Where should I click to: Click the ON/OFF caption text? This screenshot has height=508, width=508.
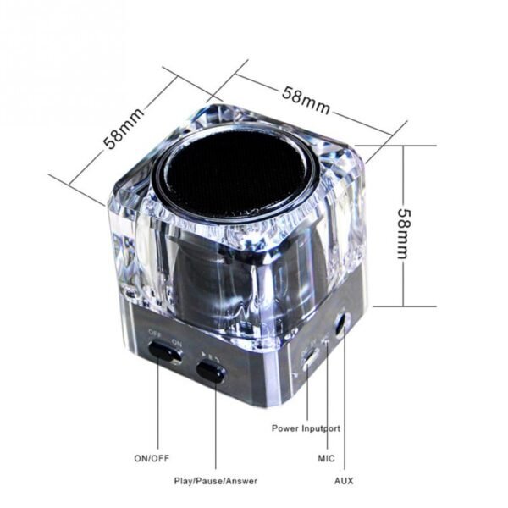pos(152,458)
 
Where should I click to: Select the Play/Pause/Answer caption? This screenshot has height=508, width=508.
pos(216,481)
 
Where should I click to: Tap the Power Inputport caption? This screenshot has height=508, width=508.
pos(306,428)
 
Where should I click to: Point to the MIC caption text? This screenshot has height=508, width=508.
pos(326,458)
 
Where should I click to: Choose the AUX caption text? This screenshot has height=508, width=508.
pos(344,481)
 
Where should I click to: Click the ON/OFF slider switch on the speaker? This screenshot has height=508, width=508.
pos(165,352)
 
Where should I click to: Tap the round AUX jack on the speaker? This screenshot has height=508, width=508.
pos(341,325)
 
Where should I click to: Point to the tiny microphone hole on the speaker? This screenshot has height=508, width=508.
pos(327,340)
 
